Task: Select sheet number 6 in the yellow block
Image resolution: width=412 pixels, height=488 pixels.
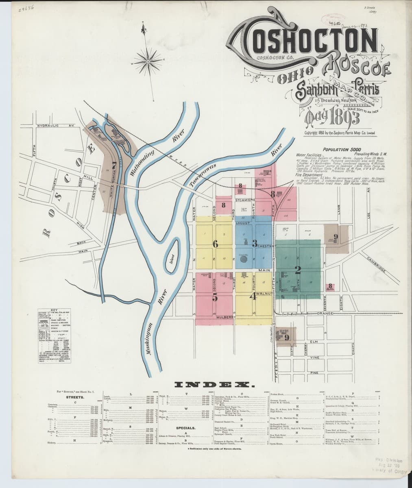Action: pyautogui.click(x=215, y=244)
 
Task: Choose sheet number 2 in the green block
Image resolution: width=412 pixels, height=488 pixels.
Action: pyautogui.click(x=298, y=269)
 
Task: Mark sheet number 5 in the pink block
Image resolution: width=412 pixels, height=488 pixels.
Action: pyautogui.click(x=215, y=297)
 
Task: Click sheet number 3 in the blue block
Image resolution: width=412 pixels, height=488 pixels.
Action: pyautogui.click(x=255, y=244)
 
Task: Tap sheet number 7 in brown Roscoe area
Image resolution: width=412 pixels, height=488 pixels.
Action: pyautogui.click(x=115, y=165)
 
